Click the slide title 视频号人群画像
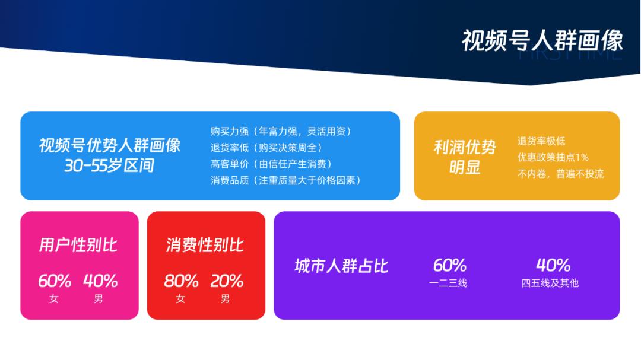(x=542, y=40)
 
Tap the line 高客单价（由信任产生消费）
(x=271, y=164)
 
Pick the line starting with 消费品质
(x=285, y=180)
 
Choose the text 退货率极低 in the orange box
(x=541, y=141)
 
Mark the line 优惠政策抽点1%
(x=553, y=158)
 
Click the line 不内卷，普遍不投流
(x=561, y=174)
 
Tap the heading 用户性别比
(x=78, y=245)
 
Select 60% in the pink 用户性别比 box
(x=55, y=281)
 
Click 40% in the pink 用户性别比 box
(x=100, y=281)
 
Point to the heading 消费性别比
(x=205, y=245)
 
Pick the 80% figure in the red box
(x=181, y=281)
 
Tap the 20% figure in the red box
(x=227, y=281)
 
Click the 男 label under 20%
(x=226, y=299)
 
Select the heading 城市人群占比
(x=341, y=266)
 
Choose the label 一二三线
(x=448, y=283)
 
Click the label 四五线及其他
(x=550, y=283)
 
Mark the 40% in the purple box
(x=553, y=265)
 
